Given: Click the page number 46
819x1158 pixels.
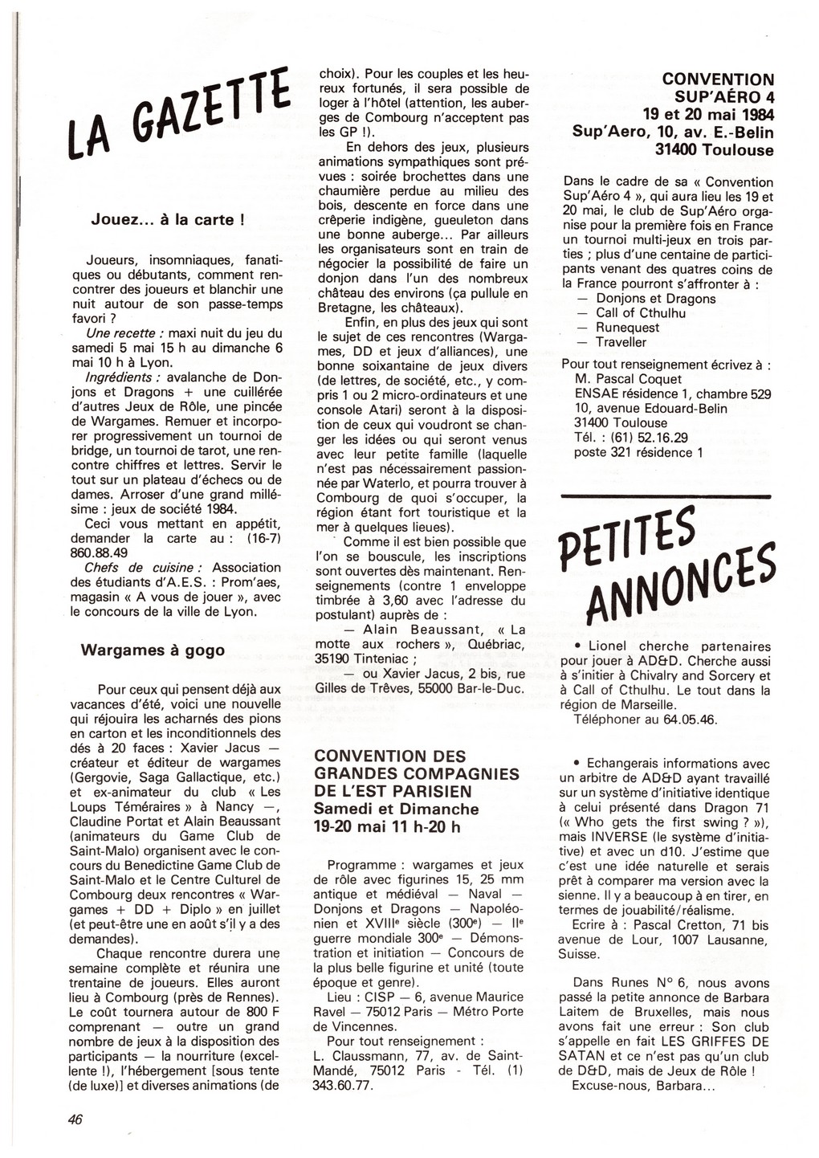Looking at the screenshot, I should tap(75, 1120).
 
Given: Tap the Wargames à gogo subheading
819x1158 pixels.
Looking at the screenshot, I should tap(153, 650).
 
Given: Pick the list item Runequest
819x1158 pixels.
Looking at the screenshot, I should tap(627, 328).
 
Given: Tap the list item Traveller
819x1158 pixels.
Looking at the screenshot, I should tap(621, 342).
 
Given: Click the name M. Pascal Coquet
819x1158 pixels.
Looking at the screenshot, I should tap(628, 379).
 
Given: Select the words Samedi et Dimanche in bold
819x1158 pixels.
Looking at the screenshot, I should tap(396, 809).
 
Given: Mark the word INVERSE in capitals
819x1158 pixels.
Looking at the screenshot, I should tap(619, 837).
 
